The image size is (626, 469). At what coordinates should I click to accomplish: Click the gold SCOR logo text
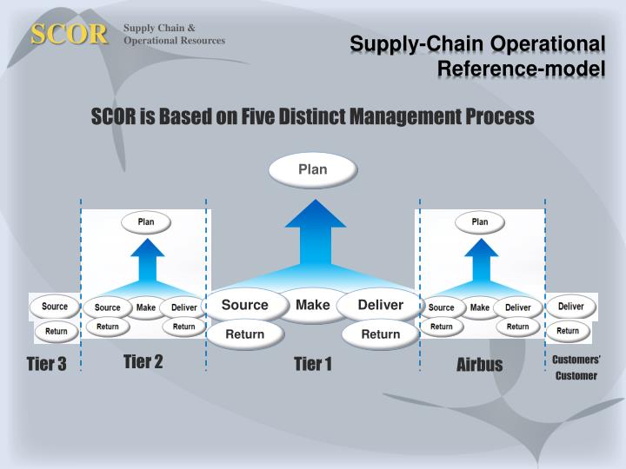[x=70, y=34]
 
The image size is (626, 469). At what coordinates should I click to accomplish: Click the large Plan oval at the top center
[x=313, y=169]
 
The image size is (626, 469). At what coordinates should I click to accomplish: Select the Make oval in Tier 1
[x=313, y=305]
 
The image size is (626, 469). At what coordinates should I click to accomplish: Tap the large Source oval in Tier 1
[x=245, y=305]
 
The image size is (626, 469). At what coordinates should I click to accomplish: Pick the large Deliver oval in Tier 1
[x=381, y=305]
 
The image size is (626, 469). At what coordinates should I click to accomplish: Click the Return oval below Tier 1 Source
[x=245, y=334]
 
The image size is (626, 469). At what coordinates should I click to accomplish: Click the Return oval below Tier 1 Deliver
[x=381, y=334]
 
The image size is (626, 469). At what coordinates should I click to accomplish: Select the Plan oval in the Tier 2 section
[x=146, y=222]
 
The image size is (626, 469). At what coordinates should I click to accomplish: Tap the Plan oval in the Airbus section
[x=480, y=222]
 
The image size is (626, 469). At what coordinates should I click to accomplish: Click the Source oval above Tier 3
[x=55, y=307]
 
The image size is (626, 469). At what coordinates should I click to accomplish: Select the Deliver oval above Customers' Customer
[x=571, y=307]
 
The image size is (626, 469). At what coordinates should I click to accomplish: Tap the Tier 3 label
[x=46, y=364]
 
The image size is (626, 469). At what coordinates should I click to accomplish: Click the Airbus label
[x=480, y=364]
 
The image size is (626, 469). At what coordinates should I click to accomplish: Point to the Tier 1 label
[x=313, y=364]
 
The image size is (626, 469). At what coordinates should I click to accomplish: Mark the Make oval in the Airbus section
[x=480, y=307]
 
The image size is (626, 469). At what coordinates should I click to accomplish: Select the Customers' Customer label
[x=576, y=367]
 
